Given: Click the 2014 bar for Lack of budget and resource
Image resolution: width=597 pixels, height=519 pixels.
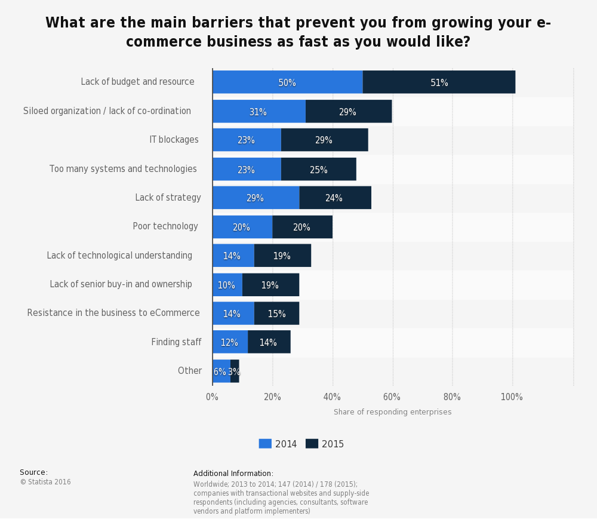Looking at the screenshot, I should (287, 82).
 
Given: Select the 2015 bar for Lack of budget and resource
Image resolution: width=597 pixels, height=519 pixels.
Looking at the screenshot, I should (439, 82).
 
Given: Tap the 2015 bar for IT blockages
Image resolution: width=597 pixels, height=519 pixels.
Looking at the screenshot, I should (324, 140).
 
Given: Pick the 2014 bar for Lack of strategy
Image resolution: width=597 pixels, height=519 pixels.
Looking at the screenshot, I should (256, 198).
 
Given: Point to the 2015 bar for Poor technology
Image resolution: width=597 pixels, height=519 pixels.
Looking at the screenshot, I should (302, 227).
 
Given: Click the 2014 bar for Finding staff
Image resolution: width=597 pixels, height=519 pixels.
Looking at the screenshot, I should (230, 342).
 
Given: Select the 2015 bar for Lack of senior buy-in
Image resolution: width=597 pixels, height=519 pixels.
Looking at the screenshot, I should (270, 285).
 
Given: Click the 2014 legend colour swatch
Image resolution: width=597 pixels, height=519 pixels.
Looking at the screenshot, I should (265, 444).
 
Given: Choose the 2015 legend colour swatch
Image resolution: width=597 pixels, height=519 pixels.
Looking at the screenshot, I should (312, 444).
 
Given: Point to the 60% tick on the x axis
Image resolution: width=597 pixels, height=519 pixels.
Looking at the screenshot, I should (392, 397).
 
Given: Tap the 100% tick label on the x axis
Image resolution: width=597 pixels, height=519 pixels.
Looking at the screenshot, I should (512, 397).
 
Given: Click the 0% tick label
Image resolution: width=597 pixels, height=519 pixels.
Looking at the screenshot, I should (212, 397).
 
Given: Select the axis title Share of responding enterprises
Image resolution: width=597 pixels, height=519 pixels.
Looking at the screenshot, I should (392, 412).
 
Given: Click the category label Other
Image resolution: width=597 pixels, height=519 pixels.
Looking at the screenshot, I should (190, 371).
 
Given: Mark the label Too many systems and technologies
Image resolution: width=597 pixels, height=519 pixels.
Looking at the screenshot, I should (123, 169).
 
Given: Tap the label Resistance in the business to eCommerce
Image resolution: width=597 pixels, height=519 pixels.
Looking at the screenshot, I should (113, 313).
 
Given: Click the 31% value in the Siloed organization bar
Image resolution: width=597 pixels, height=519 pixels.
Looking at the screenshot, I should (259, 112).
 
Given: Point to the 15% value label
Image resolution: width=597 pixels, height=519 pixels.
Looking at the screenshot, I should (276, 314).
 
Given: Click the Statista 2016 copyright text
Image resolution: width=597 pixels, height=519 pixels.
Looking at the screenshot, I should (45, 482).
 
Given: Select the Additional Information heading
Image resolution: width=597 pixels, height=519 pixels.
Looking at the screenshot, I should (233, 474).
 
